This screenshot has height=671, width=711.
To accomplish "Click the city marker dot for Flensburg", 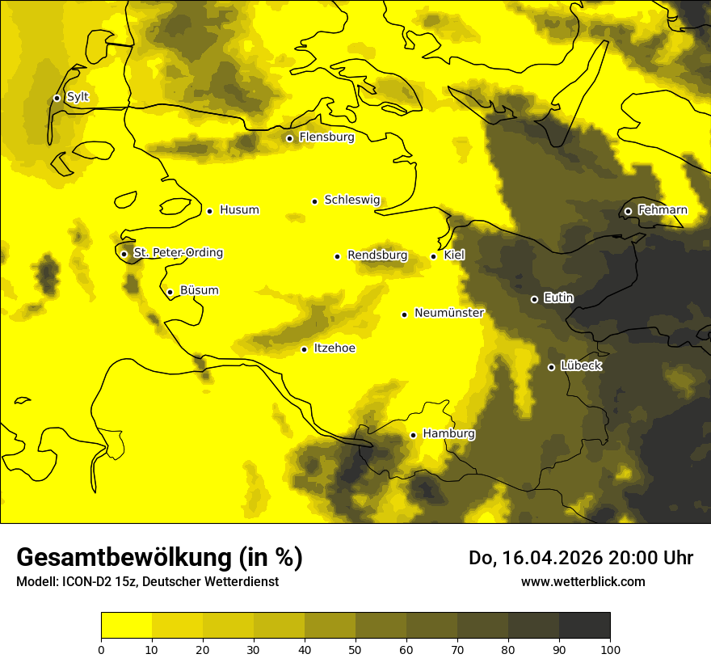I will [x=289, y=138].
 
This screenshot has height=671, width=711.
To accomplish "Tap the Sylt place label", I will [x=78, y=97].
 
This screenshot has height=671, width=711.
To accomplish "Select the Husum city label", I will [x=239, y=210].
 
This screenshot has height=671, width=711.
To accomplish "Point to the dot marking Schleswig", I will [x=315, y=201].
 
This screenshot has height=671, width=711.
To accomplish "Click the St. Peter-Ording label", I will [x=178, y=253].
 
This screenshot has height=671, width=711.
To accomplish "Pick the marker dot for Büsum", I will [x=170, y=292].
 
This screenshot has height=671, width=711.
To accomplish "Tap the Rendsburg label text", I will [x=377, y=255].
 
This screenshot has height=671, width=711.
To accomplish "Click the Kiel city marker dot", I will [x=434, y=256].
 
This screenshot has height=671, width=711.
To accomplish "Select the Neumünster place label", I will [x=449, y=313].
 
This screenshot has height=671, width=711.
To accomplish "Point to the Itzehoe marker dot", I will [x=304, y=349].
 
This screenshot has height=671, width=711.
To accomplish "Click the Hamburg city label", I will [x=448, y=434].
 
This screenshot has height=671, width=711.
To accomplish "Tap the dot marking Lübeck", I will [x=551, y=367].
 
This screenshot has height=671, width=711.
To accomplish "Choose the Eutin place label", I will [x=558, y=298].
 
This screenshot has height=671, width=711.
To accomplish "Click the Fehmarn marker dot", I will [x=628, y=211].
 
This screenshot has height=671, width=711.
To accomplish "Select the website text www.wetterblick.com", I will [x=583, y=581].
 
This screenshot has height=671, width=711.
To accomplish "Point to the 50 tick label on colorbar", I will [x=355, y=649].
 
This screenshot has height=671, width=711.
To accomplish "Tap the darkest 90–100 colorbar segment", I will [x=584, y=625].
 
